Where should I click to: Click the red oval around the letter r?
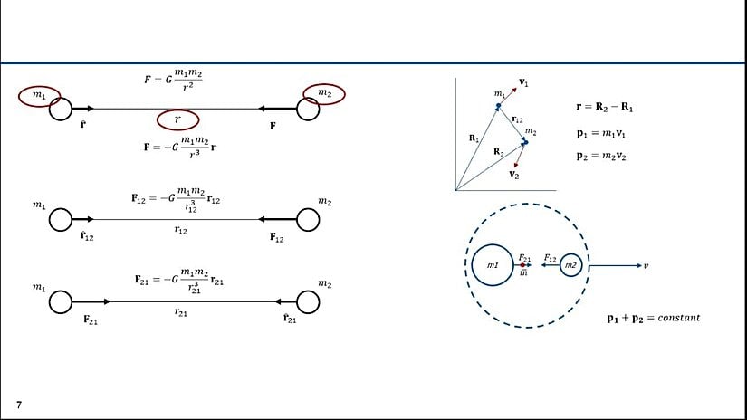tap(178, 119)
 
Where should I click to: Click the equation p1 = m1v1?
tap(602, 133)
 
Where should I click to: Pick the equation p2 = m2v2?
tap(602, 155)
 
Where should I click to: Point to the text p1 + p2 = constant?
tap(654, 318)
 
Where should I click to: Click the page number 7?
tap(18, 404)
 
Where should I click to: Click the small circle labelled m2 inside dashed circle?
tap(570, 265)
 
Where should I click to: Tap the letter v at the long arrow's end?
tap(645, 265)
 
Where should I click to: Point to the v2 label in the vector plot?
tap(514, 173)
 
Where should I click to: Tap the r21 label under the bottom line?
tap(179, 310)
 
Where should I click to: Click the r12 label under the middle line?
tap(179, 231)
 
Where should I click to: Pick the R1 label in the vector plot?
tap(474, 138)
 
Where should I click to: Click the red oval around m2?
tap(324, 93)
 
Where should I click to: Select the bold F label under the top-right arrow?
tap(273, 128)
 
